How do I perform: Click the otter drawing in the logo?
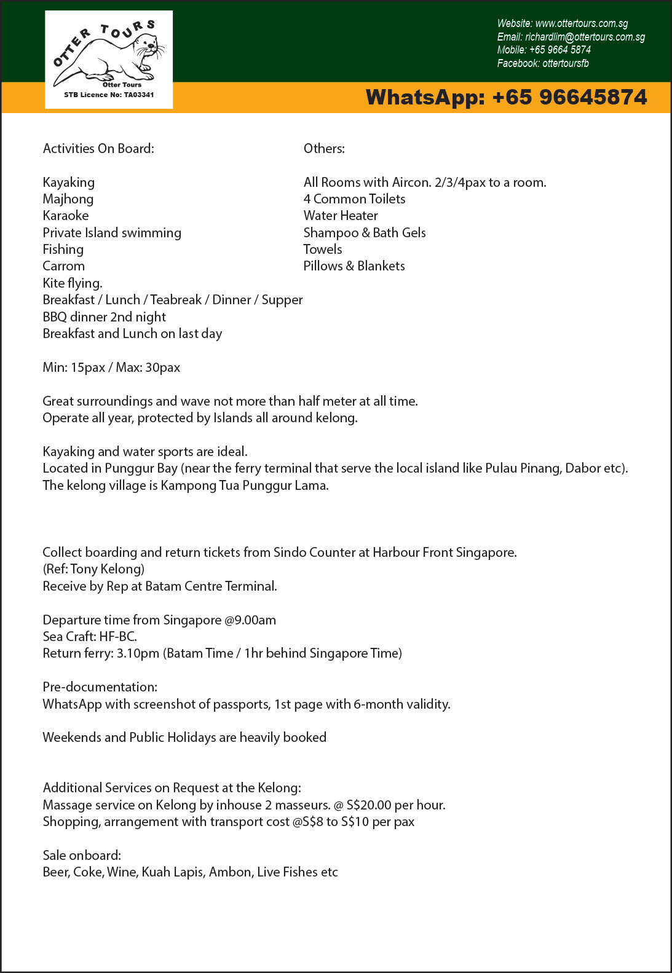point(111,58)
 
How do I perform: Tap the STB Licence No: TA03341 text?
point(109,95)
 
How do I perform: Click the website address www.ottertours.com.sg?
point(582,23)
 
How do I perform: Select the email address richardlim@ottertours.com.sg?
point(585,37)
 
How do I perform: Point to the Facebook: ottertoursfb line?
point(543,63)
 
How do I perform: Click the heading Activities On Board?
point(98,149)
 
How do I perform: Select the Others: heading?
point(324,149)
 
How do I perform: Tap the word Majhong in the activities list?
point(68,199)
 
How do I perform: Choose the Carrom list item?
point(64,266)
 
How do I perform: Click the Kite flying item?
point(73,283)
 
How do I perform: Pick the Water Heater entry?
point(341,216)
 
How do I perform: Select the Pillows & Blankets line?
point(354,266)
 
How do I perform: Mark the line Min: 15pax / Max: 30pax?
point(111,368)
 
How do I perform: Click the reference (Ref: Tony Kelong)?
point(93,569)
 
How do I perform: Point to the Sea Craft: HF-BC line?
point(90,637)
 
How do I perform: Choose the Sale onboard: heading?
point(82,856)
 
